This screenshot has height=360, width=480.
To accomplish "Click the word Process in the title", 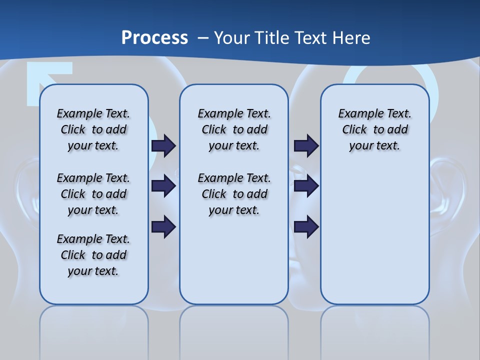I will tap(154, 37).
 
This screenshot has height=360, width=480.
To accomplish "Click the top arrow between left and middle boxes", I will tap(163, 145).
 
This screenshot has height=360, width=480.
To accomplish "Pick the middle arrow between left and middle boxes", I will tap(163, 186).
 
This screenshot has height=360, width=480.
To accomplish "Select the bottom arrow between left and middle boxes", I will tap(163, 226).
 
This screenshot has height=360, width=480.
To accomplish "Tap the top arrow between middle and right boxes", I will tap(306, 145).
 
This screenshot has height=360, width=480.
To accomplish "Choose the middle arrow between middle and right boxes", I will tap(306, 186).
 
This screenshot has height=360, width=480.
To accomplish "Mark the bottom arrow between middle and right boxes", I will tap(306, 226).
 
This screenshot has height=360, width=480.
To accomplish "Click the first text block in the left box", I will tap(93, 129).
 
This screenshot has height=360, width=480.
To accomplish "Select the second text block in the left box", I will tap(93, 194).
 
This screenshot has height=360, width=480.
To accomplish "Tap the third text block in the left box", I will tap(93, 255).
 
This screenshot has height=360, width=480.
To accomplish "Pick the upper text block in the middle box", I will tap(234, 129).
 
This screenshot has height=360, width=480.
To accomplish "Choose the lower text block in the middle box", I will tap(234, 194).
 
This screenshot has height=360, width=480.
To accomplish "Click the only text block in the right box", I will tap(374, 129).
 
